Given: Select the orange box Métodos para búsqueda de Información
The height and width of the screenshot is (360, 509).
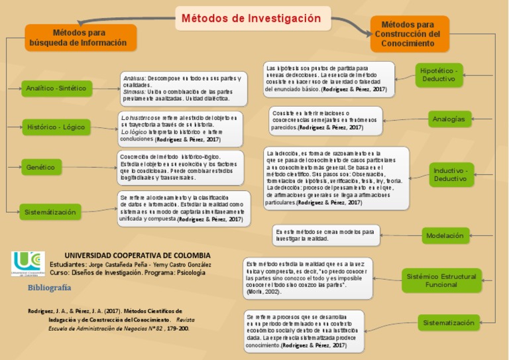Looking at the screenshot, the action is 81,38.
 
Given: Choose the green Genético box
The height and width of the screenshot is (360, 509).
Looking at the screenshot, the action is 42,167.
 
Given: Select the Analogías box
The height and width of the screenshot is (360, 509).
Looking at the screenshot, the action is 447,119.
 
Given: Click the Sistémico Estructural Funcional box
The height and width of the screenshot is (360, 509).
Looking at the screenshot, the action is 441,280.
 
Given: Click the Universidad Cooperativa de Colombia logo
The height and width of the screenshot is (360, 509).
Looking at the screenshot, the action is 28,263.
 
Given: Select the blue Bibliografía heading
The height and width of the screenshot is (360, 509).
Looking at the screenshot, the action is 49,288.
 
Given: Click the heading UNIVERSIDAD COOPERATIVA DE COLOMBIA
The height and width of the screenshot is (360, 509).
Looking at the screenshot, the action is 137,255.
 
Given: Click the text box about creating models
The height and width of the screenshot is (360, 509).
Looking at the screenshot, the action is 327,235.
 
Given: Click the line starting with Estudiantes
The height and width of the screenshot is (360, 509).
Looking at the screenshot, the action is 139,264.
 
